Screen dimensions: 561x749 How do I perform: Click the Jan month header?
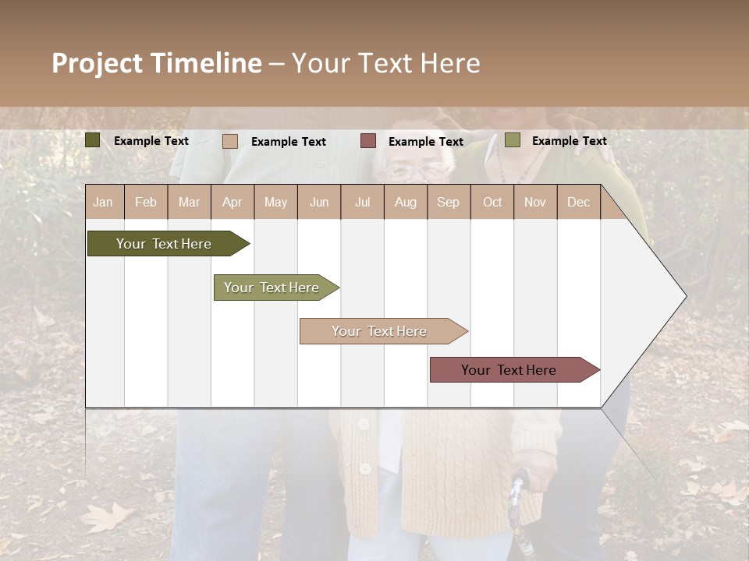tap(103, 202)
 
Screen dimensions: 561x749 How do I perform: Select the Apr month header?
tap(232, 202)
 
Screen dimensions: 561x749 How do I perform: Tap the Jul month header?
tap(362, 202)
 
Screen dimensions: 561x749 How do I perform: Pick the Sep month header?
tap(448, 202)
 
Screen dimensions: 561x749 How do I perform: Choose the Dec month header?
tap(578, 202)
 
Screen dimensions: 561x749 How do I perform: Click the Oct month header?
tap(492, 202)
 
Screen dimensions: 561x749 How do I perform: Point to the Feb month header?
tap(146, 202)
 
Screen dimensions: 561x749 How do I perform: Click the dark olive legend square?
tap(93, 140)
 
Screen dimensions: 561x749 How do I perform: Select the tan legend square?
tap(230, 141)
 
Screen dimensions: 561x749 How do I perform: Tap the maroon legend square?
tap(368, 140)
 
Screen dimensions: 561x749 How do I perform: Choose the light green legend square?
tap(513, 140)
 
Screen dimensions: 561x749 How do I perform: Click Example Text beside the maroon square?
tap(425, 142)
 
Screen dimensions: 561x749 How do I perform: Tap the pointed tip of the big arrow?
tap(684, 296)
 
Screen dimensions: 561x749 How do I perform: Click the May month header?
tap(275, 202)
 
